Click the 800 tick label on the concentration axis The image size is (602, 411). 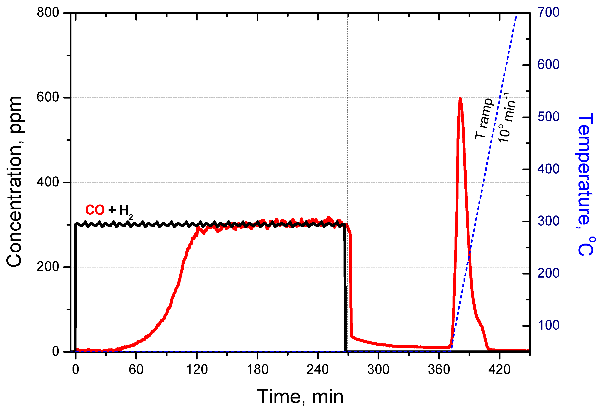48,13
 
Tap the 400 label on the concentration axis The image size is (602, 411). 48,182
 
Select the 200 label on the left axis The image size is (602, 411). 48,267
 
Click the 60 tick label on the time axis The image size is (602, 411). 136,369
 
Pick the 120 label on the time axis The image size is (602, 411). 197,369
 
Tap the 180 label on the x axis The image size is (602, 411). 258,369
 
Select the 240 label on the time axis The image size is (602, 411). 318,369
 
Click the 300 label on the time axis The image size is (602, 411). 378,369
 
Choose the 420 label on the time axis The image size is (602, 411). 499,369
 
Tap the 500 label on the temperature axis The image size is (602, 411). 548,117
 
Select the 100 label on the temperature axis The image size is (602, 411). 548,325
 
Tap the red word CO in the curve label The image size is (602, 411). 95,210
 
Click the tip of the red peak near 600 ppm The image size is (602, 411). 460,98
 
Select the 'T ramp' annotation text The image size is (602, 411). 484,119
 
